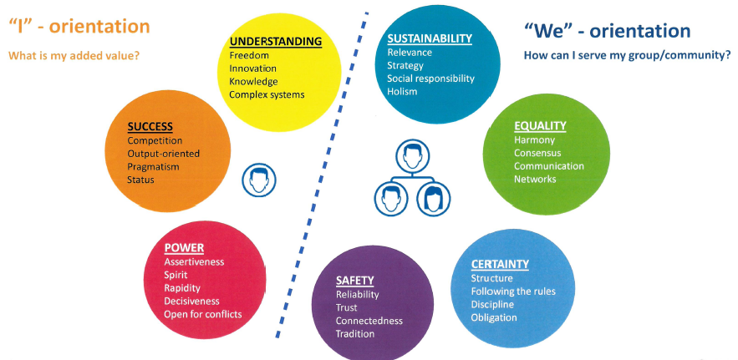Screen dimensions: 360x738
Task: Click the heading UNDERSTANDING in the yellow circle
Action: tap(275, 41)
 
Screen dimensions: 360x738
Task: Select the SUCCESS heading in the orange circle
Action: tap(150, 127)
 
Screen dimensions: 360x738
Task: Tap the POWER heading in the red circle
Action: tap(184, 248)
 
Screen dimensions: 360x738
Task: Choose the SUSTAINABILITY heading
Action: tap(429, 38)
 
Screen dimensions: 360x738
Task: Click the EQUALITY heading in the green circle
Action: tap(540, 126)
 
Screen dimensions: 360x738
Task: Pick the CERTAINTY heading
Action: tap(500, 264)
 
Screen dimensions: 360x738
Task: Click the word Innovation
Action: tap(252, 68)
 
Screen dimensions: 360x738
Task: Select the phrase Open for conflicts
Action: tap(203, 314)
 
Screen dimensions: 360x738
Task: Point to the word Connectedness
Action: tap(369, 321)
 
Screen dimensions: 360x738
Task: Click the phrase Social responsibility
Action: tap(430, 79)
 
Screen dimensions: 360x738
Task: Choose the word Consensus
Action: tap(537, 153)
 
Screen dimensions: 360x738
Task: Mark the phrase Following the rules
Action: tap(512, 292)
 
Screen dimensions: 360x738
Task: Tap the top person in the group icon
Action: tap(409, 155)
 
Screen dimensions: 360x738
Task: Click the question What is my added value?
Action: tap(74, 56)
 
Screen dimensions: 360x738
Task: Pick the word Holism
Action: tap(402, 92)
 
